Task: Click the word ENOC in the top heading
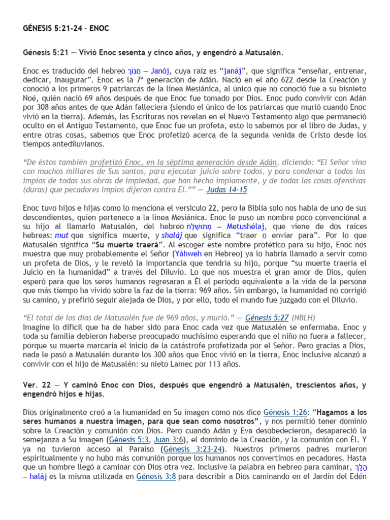click(100, 28)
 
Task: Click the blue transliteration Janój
click(158, 71)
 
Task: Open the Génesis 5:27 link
click(267, 317)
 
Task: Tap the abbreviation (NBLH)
click(307, 317)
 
